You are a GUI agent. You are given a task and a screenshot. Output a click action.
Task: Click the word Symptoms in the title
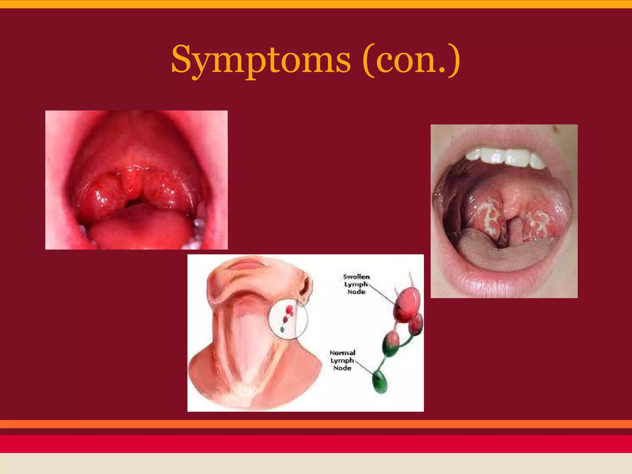[261, 60]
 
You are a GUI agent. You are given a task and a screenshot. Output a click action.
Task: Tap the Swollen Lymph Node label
[356, 284]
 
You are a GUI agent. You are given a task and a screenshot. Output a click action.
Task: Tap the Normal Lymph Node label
[342, 360]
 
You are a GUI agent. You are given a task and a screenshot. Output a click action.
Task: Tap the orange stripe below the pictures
[316, 424]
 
